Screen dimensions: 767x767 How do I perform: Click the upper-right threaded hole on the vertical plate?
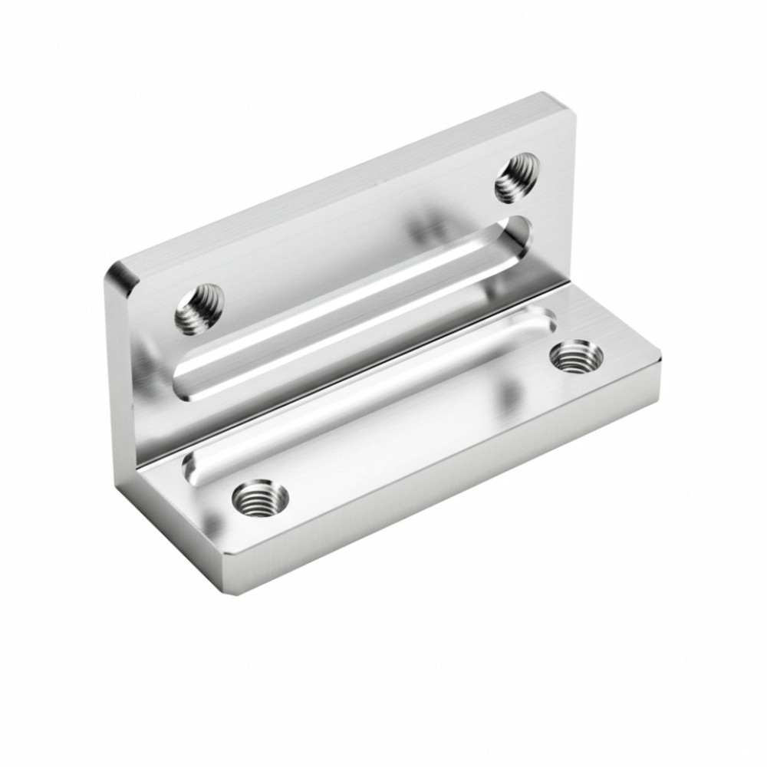pyautogui.click(x=516, y=176)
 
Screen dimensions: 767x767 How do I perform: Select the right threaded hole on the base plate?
pyautogui.click(x=577, y=356)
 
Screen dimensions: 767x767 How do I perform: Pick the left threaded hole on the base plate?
pyautogui.click(x=260, y=499)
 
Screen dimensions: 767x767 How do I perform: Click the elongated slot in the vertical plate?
pyautogui.click(x=353, y=307)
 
